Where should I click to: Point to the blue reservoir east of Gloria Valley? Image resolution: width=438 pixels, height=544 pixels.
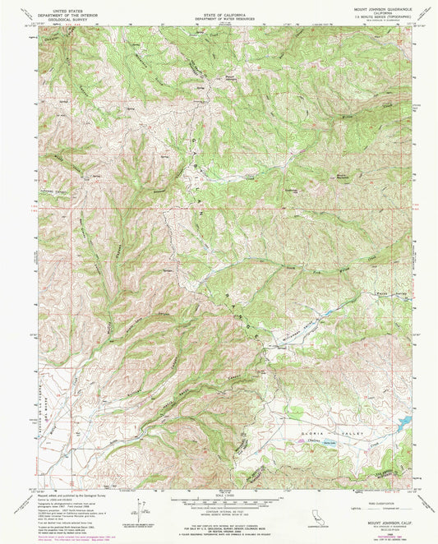point(403,424)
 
